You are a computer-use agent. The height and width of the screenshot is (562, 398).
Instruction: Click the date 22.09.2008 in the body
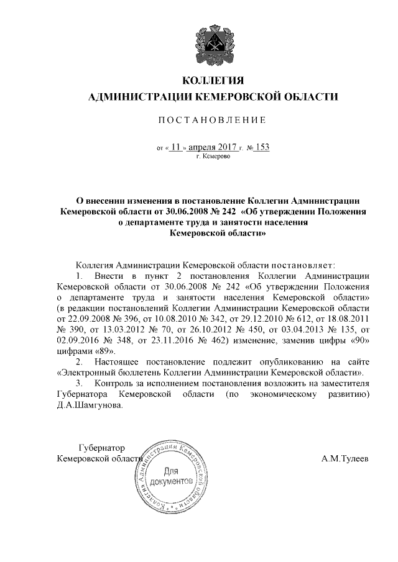point(83,318)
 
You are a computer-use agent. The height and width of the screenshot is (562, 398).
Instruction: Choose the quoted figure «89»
point(104,350)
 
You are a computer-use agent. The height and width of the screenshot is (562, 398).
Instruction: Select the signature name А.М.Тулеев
point(345,458)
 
